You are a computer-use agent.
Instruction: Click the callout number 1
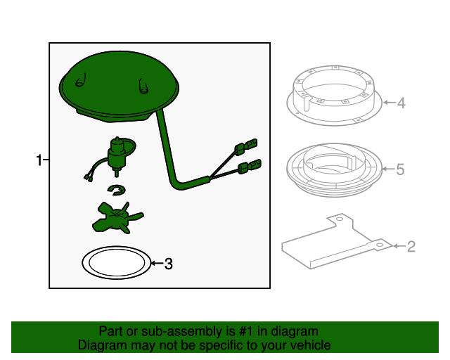[39, 160]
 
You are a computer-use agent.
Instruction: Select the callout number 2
[411, 247]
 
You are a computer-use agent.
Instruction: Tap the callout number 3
[169, 264]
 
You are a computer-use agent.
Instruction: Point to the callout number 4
[401, 103]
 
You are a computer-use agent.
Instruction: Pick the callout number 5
[400, 169]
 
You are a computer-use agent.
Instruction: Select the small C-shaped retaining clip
[117, 190]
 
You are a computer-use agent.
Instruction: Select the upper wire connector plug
[246, 146]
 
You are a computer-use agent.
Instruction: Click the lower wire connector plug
[250, 167]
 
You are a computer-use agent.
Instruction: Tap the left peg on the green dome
[81, 80]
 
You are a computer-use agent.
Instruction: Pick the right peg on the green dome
[143, 86]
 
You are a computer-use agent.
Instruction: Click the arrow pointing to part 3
[157, 263]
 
